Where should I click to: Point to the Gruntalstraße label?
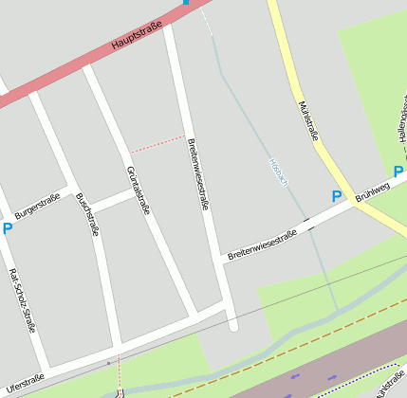tap(138, 190)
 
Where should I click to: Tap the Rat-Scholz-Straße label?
tap(23, 301)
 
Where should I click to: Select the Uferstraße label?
tap(25, 383)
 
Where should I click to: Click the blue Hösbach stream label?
tap(279, 170)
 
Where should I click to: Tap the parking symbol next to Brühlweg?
tap(336, 196)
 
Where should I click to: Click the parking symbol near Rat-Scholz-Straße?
tap(8, 227)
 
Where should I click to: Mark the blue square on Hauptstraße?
tap(186, 3)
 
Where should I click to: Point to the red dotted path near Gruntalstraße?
tap(157, 143)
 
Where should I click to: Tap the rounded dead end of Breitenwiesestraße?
tap(233, 325)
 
